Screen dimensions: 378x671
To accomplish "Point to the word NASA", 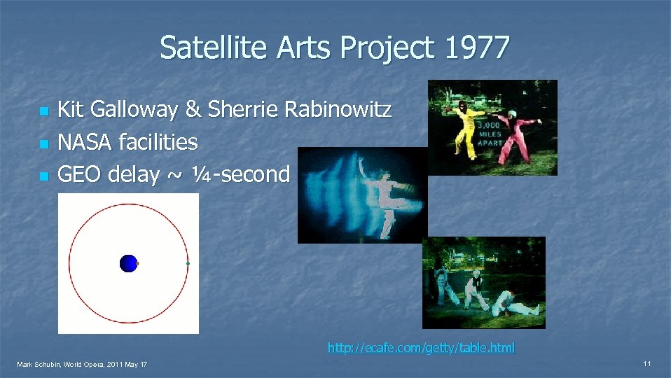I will click(85, 142).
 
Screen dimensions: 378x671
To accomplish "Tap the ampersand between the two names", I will click(193, 110).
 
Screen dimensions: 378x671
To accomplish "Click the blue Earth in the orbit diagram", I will click(128, 263).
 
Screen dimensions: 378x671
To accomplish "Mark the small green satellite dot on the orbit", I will click(188, 263).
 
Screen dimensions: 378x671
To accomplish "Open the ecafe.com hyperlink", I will click(421, 347).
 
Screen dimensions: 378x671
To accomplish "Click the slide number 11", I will click(647, 364).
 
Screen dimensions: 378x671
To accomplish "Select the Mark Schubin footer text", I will click(82, 365).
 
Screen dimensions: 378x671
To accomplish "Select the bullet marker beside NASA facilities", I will click(43, 144).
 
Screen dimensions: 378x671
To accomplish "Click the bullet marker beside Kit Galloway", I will click(43, 112).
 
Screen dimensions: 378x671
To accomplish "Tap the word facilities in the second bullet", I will click(158, 142).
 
